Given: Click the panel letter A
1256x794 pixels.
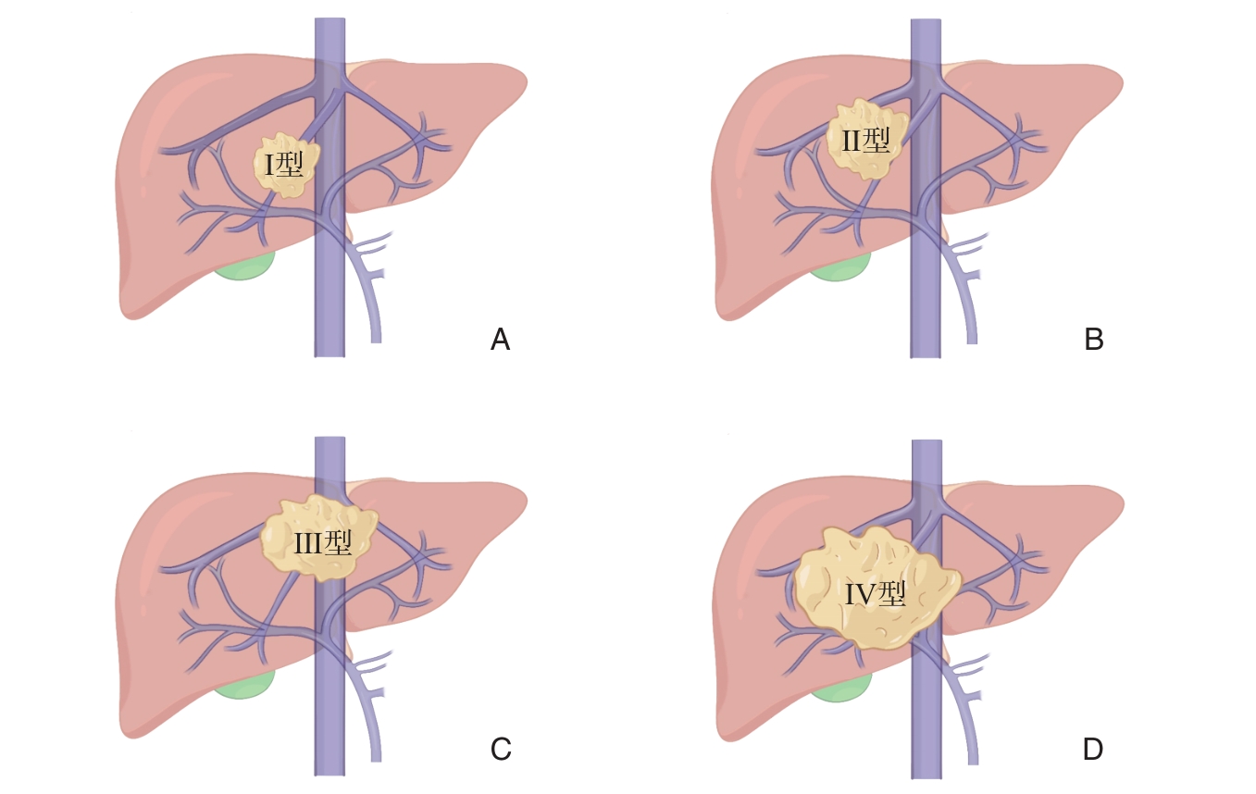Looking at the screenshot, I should [x=500, y=341].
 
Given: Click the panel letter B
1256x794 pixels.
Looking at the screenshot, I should [x=1093, y=341].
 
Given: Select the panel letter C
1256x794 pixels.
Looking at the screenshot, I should [x=501, y=749].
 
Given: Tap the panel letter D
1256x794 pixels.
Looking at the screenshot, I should [x=1093, y=749].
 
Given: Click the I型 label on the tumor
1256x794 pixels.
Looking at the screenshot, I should [x=284, y=165].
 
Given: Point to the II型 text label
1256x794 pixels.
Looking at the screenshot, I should [x=865, y=141].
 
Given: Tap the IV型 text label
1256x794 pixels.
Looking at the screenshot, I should [x=875, y=593].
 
